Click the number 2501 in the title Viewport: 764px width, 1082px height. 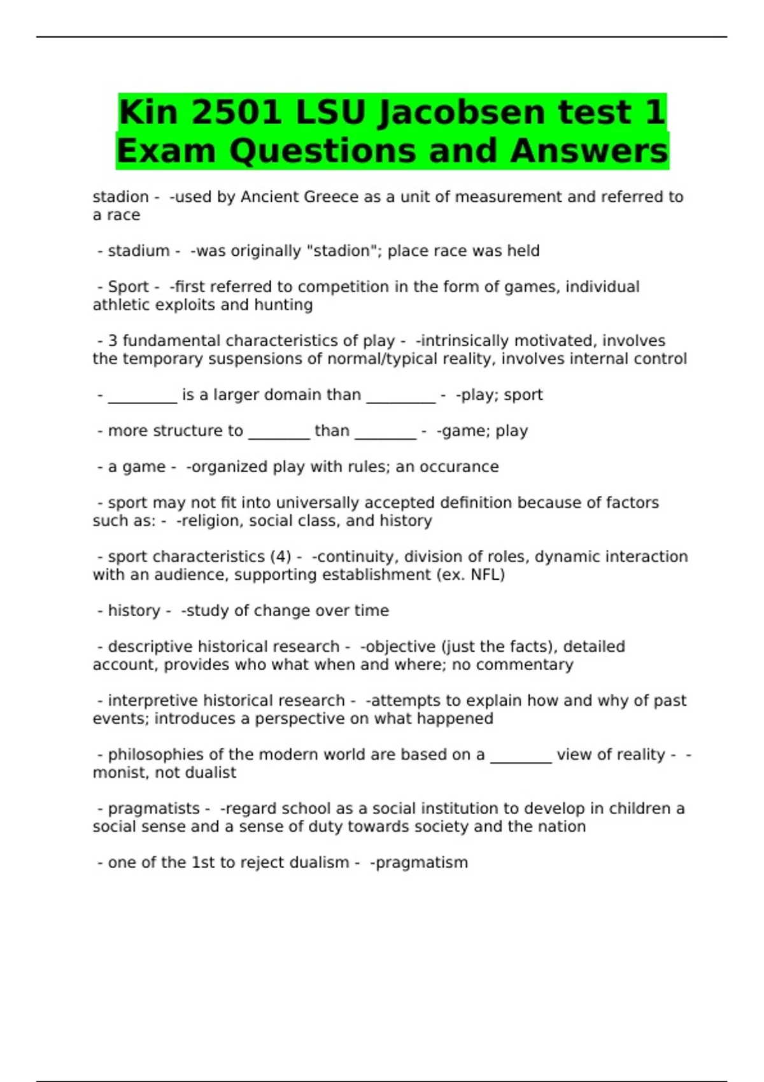[x=236, y=113]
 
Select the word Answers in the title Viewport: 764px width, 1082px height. [x=588, y=151]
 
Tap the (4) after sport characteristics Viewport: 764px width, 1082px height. [x=281, y=557]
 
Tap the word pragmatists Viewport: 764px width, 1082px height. [x=153, y=809]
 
